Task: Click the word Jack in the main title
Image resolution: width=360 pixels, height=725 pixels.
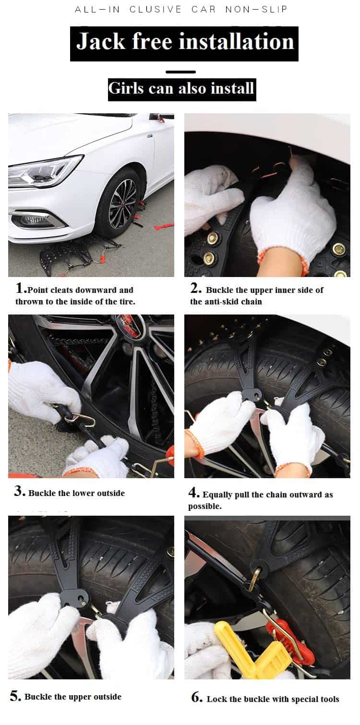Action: point(100,42)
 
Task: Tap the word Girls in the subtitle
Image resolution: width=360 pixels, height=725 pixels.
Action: point(126,88)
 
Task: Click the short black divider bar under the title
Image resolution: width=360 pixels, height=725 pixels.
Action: point(180,72)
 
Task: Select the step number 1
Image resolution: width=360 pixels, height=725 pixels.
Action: point(19,288)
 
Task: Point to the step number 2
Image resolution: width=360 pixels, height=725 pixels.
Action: point(195,288)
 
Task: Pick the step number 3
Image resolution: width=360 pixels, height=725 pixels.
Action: point(18,491)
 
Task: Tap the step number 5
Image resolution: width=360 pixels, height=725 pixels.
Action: point(14,695)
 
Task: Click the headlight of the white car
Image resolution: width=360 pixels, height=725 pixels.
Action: point(45,171)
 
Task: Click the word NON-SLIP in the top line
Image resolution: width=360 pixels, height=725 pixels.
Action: point(256,10)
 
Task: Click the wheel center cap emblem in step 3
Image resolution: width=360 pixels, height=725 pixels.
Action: point(129,325)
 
